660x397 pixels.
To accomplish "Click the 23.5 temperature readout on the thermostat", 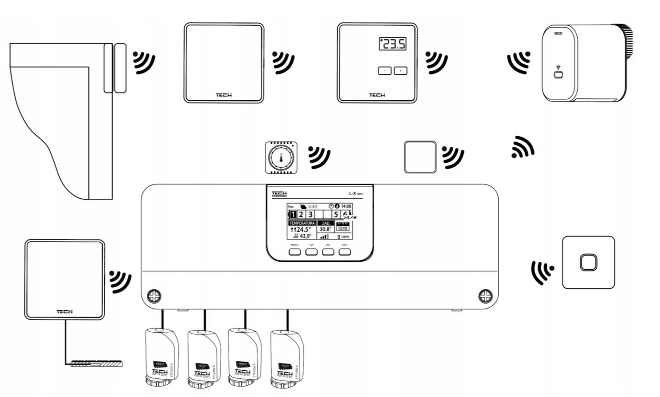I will tap(393, 44).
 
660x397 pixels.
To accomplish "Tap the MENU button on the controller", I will tap(295, 252).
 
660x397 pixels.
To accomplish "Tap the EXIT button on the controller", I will tap(345, 252).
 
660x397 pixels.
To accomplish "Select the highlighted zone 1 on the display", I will tap(293, 215).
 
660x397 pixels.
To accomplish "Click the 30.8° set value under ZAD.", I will tap(325, 229).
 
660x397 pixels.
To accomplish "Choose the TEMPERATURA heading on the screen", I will tap(302, 223).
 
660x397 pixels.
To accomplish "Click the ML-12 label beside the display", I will tap(350, 217).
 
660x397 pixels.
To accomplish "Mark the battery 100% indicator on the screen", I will tap(344, 237).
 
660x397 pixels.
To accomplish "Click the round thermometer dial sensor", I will tap(281, 159).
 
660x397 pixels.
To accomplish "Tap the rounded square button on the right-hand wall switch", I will tap(588, 263).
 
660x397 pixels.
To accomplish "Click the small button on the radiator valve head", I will tap(558, 75).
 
